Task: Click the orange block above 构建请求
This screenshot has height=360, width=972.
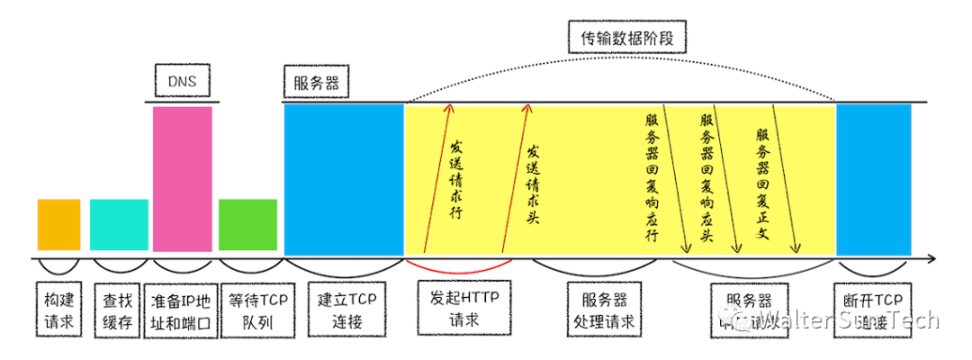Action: coord(58,224)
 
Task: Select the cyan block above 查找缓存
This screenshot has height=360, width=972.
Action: coord(119,224)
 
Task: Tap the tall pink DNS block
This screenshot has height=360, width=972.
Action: coord(183,178)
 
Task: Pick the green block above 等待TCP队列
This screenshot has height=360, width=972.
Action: coord(247,224)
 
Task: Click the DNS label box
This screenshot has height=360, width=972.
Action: coord(182,84)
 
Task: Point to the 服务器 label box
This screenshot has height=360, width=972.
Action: coord(316,84)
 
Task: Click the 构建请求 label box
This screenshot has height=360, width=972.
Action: coord(58,309)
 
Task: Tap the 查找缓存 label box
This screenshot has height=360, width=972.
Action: coord(119,309)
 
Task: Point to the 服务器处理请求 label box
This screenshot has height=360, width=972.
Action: coord(603,309)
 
